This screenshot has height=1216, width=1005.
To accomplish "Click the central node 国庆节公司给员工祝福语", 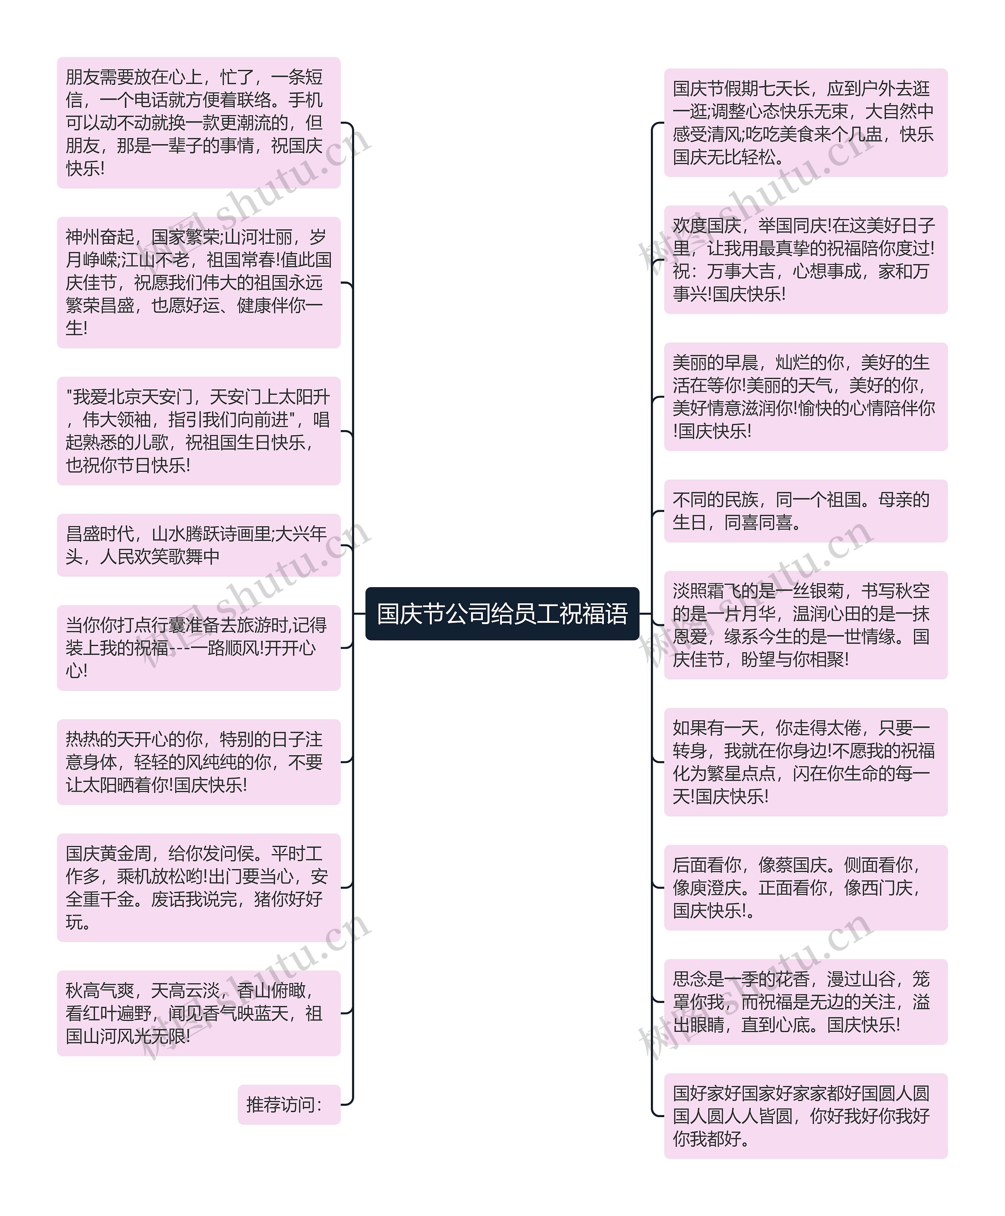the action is [x=502, y=613].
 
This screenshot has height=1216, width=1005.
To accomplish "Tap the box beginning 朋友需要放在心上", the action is [x=199, y=123].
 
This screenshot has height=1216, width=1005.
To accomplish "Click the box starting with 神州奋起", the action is [x=199, y=283].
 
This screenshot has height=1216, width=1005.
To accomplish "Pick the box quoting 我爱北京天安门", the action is [x=199, y=431].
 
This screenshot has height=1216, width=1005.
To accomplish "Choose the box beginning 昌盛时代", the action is [x=199, y=545].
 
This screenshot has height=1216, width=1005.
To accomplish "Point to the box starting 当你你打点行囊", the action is [x=199, y=648].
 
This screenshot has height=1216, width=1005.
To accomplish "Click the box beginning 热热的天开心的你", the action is [x=199, y=761].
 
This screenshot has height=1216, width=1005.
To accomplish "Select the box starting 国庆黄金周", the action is [x=199, y=887].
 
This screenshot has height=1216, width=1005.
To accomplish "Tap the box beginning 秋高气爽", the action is [x=199, y=1013].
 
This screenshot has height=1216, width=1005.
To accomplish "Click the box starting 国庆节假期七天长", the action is [x=805, y=123].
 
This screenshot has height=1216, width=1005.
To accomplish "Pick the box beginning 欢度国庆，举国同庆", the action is [x=805, y=260].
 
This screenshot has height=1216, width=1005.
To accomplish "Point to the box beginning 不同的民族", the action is [x=805, y=511].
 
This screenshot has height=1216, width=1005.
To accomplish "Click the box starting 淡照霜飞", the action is [x=805, y=625].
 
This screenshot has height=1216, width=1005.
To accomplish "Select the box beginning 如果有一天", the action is [x=805, y=761].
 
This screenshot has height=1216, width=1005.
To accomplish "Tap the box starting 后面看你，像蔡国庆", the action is [x=805, y=887].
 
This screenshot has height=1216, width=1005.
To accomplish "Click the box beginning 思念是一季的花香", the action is [x=805, y=1002].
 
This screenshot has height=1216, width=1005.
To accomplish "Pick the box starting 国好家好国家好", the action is [x=805, y=1116].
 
